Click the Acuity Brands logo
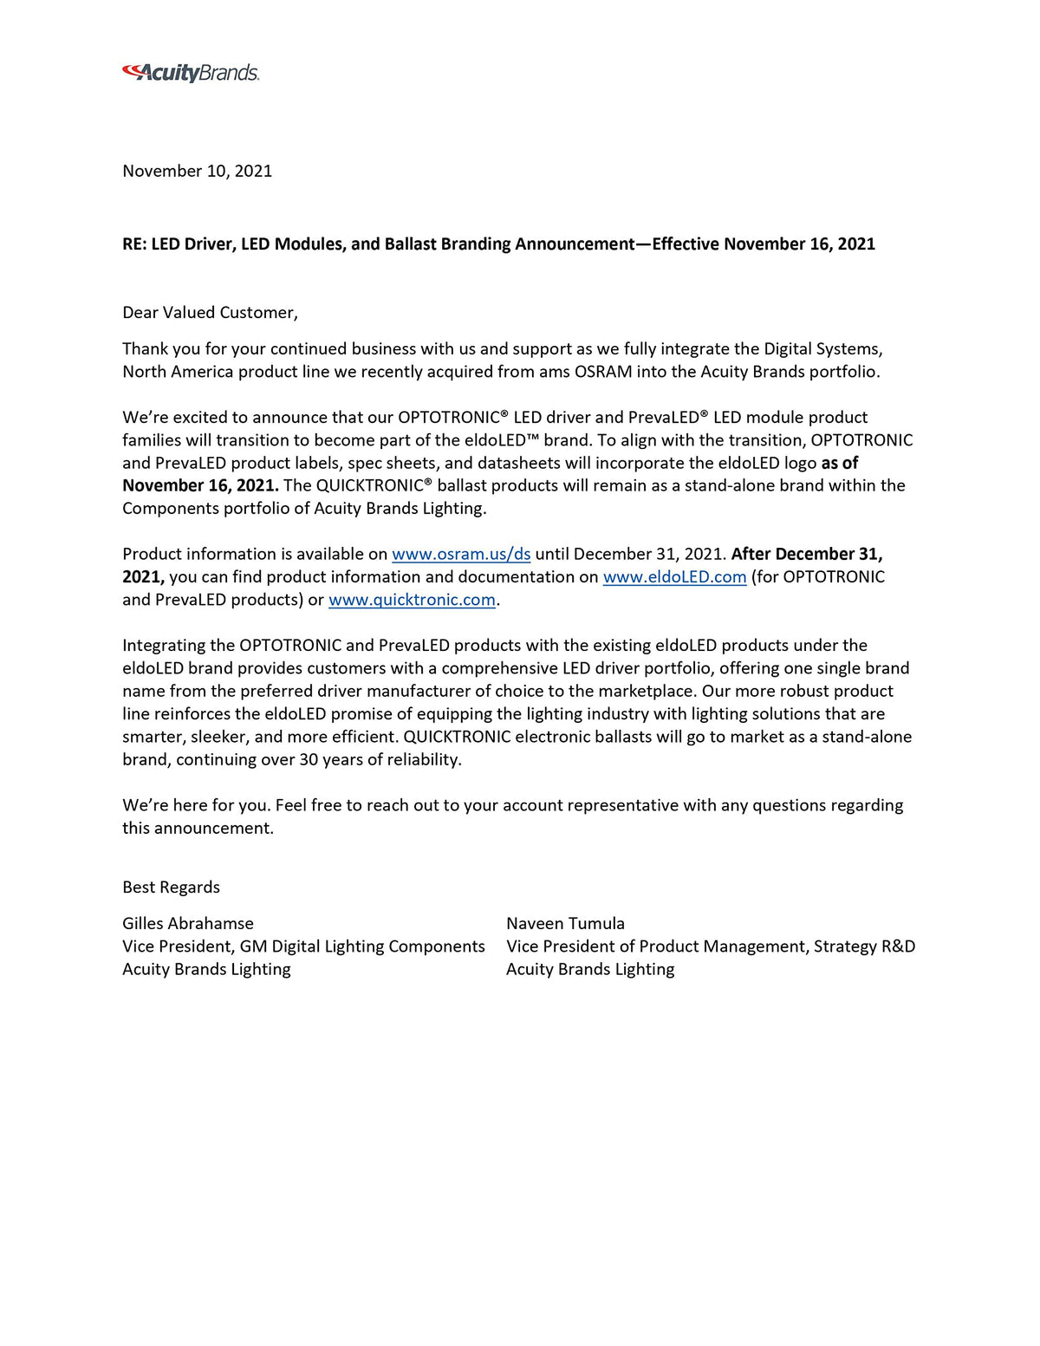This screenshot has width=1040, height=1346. coord(191,73)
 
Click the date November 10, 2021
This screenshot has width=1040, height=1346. coord(197,171)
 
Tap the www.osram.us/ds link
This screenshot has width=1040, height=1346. coord(461,554)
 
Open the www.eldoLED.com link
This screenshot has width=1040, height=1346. coord(674,576)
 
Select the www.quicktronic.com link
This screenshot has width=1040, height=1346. coord(412,600)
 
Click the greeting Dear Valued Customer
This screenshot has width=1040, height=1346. coord(210,312)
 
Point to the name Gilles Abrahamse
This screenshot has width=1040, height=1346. coord(188,923)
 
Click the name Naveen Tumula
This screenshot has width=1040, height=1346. coord(565,923)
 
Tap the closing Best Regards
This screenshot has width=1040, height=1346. coord(171,887)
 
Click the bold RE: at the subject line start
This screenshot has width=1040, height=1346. coord(134,244)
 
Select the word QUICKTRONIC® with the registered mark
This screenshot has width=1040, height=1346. coord(374,485)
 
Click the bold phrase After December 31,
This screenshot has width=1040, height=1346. coord(807,554)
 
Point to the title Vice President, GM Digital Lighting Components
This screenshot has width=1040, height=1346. coord(303,946)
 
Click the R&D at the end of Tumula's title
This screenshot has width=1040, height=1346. coord(898,946)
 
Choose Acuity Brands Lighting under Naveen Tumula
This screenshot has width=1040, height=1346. coord(590,969)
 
